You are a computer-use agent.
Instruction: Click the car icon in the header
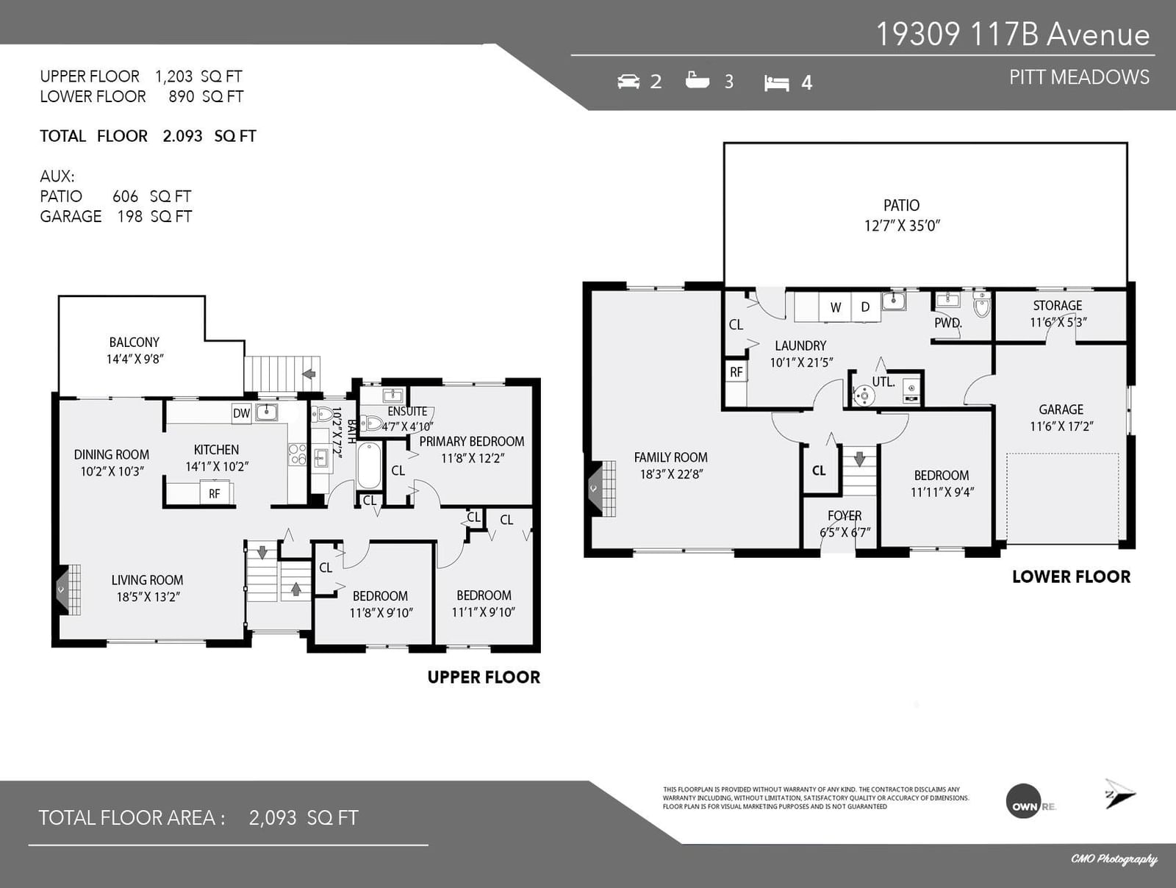point(628,82)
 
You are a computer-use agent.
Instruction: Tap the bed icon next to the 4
point(776,83)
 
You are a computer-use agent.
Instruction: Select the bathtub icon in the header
point(697,80)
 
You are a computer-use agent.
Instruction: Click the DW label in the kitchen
point(242,413)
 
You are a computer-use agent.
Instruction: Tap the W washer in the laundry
point(835,307)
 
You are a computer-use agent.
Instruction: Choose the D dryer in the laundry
point(865,307)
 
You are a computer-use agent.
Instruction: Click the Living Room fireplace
point(69,590)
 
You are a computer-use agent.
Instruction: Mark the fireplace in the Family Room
point(602,488)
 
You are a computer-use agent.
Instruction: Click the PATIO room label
point(902,206)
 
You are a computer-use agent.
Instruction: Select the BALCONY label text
point(134,343)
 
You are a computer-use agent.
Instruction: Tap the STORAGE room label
point(1058,305)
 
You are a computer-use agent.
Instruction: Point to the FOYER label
point(845,516)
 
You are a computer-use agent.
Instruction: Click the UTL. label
point(883,382)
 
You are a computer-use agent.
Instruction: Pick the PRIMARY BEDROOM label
point(471,441)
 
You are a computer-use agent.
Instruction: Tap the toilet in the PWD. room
point(981,304)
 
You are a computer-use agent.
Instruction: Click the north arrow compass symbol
point(1119,794)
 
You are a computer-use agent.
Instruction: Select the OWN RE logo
point(1030,801)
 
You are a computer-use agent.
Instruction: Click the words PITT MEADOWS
point(1079,77)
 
